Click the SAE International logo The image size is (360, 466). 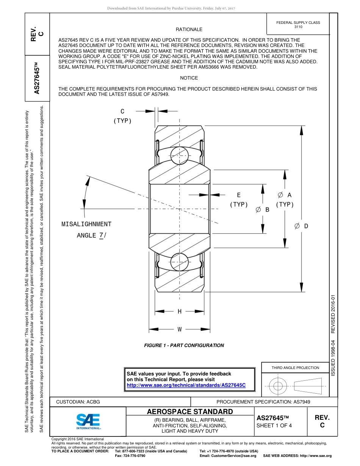coord(88,421)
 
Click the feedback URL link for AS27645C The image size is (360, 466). coord(186,385)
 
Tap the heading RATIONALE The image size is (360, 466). coord(189,30)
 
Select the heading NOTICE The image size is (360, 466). coord(189,78)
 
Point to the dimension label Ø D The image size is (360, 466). coord(301,226)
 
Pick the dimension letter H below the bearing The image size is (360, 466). coord(180,311)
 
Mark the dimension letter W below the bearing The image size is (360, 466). coord(180,329)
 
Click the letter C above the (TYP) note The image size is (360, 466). coord(122,111)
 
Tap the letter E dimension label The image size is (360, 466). coord(239,195)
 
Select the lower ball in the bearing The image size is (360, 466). coord(179,261)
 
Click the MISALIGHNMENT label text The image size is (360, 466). coord(86,224)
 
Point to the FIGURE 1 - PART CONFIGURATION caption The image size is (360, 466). coord(184,346)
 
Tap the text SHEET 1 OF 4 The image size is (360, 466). coord(274,425)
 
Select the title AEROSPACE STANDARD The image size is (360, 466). coord(190,412)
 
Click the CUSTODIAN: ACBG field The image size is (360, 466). coord(78,402)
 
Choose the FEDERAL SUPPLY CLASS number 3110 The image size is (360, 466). coord(298,27)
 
